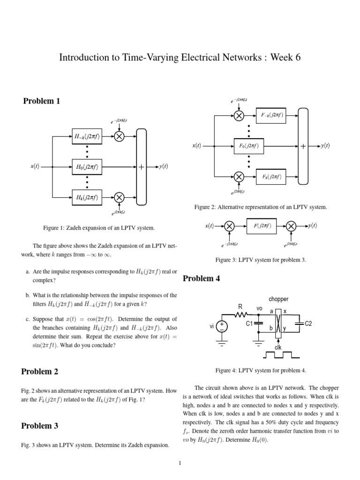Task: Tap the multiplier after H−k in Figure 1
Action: [119, 136]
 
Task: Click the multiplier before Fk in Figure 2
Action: [239, 177]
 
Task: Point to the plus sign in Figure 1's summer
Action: [141, 167]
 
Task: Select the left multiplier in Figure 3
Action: [229, 226]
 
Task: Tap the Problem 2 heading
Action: [40, 372]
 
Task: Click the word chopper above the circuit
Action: [278, 299]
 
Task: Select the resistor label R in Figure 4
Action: [240, 307]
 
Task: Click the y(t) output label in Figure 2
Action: [325, 146]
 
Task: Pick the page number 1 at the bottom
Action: [180, 464]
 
